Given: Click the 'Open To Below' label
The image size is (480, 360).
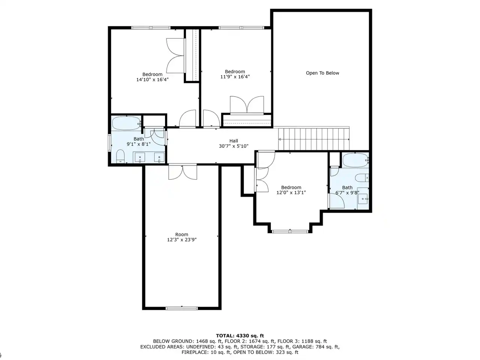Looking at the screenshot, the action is tap(322, 73).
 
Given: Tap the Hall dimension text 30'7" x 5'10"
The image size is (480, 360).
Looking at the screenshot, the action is tap(234, 146).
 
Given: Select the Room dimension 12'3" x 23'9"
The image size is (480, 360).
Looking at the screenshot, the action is tap(182, 240).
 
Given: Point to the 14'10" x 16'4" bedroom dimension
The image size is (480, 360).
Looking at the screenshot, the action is tap(152, 79).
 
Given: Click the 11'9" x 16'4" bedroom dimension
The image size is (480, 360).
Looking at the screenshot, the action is tap(235, 77).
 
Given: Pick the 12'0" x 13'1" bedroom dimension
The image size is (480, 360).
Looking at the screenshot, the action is tap(291, 193).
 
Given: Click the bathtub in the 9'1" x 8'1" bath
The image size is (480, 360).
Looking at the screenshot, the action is tap(127, 123).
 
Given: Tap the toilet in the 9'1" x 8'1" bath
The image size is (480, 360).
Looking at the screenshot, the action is tap(120, 156).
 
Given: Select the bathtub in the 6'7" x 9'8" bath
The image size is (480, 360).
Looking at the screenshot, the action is tap(355, 160).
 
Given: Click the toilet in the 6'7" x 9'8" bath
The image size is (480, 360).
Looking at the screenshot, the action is tap(362, 178).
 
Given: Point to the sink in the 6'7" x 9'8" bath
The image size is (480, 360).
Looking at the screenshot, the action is tap(363, 199).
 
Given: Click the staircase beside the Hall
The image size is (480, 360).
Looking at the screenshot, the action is tap(313, 139).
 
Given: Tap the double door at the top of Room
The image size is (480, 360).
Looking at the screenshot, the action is tap(183, 172).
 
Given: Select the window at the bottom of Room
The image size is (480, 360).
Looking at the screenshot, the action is tap(182, 308).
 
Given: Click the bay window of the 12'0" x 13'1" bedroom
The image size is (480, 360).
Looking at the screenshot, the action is tap(290, 231).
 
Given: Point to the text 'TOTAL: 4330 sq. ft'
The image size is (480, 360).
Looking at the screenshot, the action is tap(240, 336).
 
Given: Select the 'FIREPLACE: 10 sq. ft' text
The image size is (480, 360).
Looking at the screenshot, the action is tap(205, 352).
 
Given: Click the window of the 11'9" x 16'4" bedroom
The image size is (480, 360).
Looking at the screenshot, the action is tap(241, 28).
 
